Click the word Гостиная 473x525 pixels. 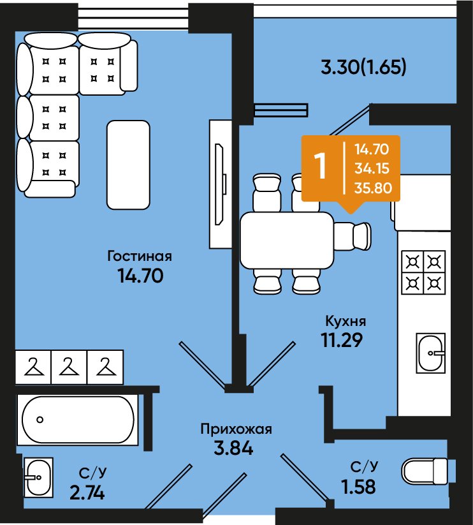coord(140,256)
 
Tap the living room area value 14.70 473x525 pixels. coord(140,276)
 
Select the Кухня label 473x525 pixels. coord(346,321)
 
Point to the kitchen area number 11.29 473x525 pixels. coord(342,340)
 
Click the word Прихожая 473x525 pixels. coord(236,429)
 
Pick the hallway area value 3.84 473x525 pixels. coord(233,448)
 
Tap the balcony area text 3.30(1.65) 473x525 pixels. coord(363,67)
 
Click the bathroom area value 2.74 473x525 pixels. coord(87,493)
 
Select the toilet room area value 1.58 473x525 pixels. coord(358,487)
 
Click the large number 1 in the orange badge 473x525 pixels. coord(321,166)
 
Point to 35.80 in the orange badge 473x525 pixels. coord(373,188)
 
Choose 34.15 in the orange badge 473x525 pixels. coord(372,168)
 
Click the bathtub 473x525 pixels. coord(78,420)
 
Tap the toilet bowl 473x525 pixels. coord(425,471)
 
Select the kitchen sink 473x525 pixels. coord(431,353)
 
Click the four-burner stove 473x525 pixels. coord(423,272)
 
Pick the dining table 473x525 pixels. coord(287,240)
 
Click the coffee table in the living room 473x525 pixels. coord(128,165)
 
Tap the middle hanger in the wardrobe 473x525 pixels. coord(69,367)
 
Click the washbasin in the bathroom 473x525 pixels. coord(38,477)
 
